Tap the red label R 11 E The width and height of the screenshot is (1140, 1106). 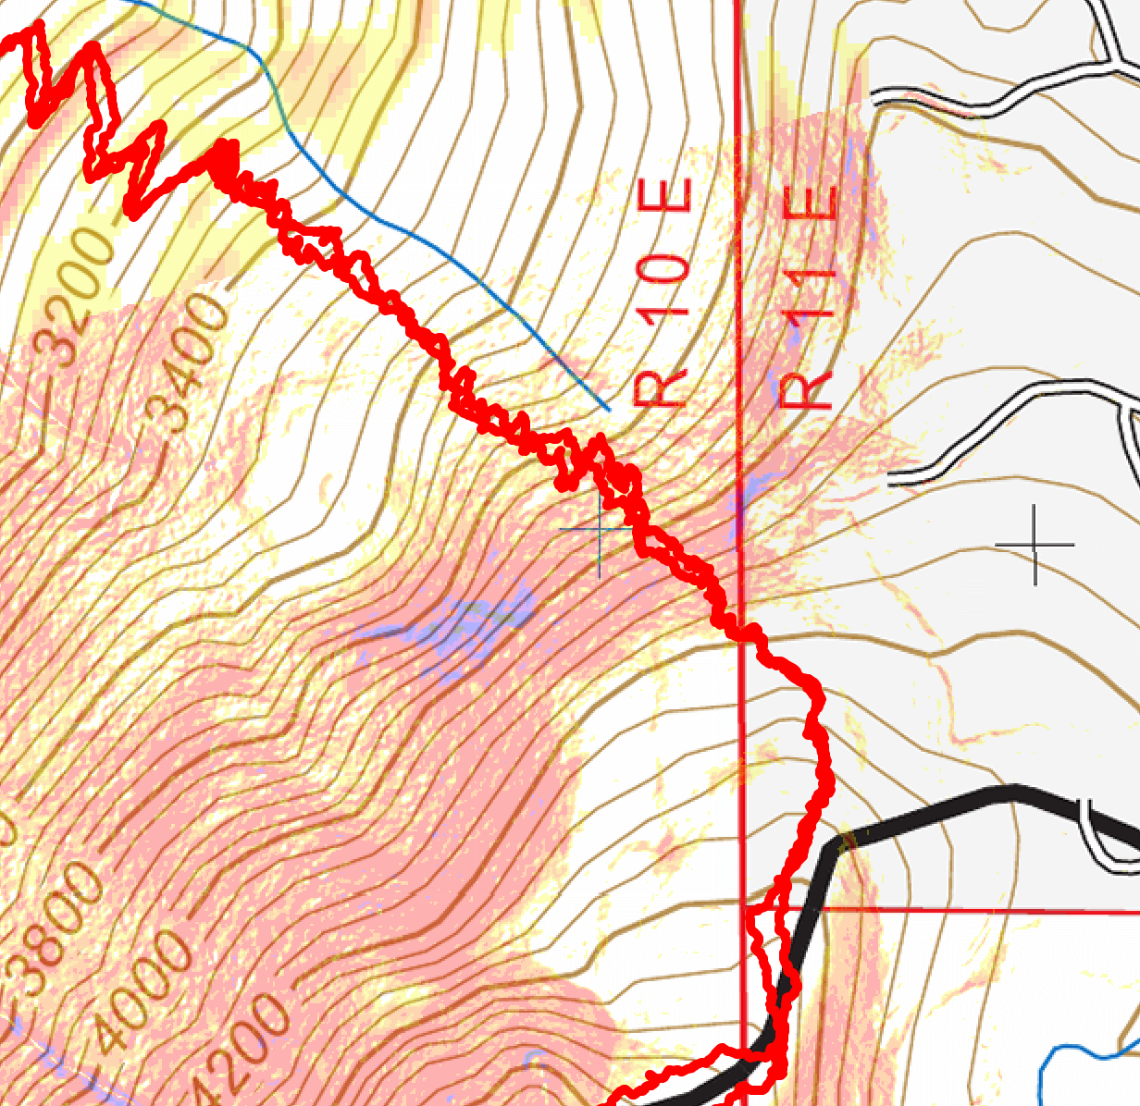pos(808,298)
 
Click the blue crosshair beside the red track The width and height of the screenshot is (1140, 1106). pos(599,530)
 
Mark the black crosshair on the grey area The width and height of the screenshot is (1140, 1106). pos(1035,545)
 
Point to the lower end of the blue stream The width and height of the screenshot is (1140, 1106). pos(608,408)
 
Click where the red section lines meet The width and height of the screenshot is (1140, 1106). pos(743,908)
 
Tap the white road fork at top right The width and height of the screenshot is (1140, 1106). pos(1110,67)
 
